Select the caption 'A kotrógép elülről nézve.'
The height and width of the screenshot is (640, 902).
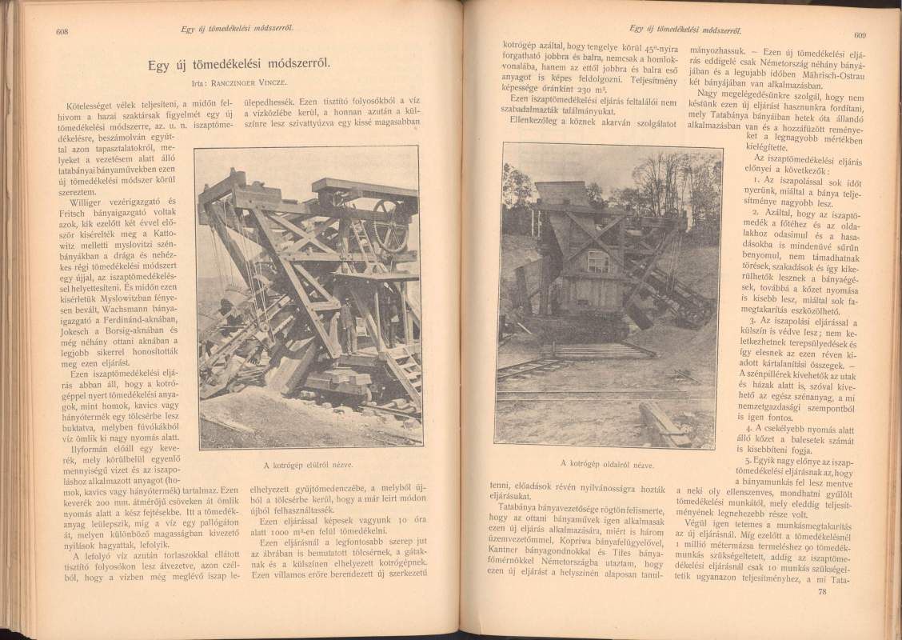[306, 465]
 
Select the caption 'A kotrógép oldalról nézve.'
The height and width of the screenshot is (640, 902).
[607, 463]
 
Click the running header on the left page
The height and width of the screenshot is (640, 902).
[237, 30]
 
